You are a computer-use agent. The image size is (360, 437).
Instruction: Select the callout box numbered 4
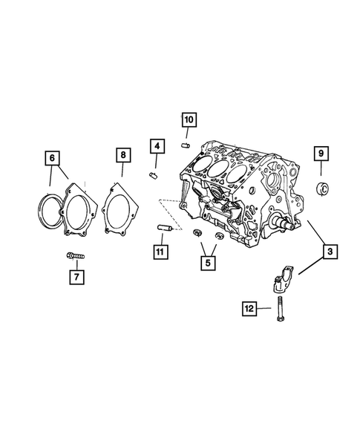pos(156,145)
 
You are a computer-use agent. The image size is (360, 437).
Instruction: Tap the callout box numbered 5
pos(209,261)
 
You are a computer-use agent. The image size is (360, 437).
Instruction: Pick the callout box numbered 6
pos(51,157)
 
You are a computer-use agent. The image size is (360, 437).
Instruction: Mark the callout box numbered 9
pos(321,154)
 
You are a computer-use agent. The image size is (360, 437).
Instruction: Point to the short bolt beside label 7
pos(75,256)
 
